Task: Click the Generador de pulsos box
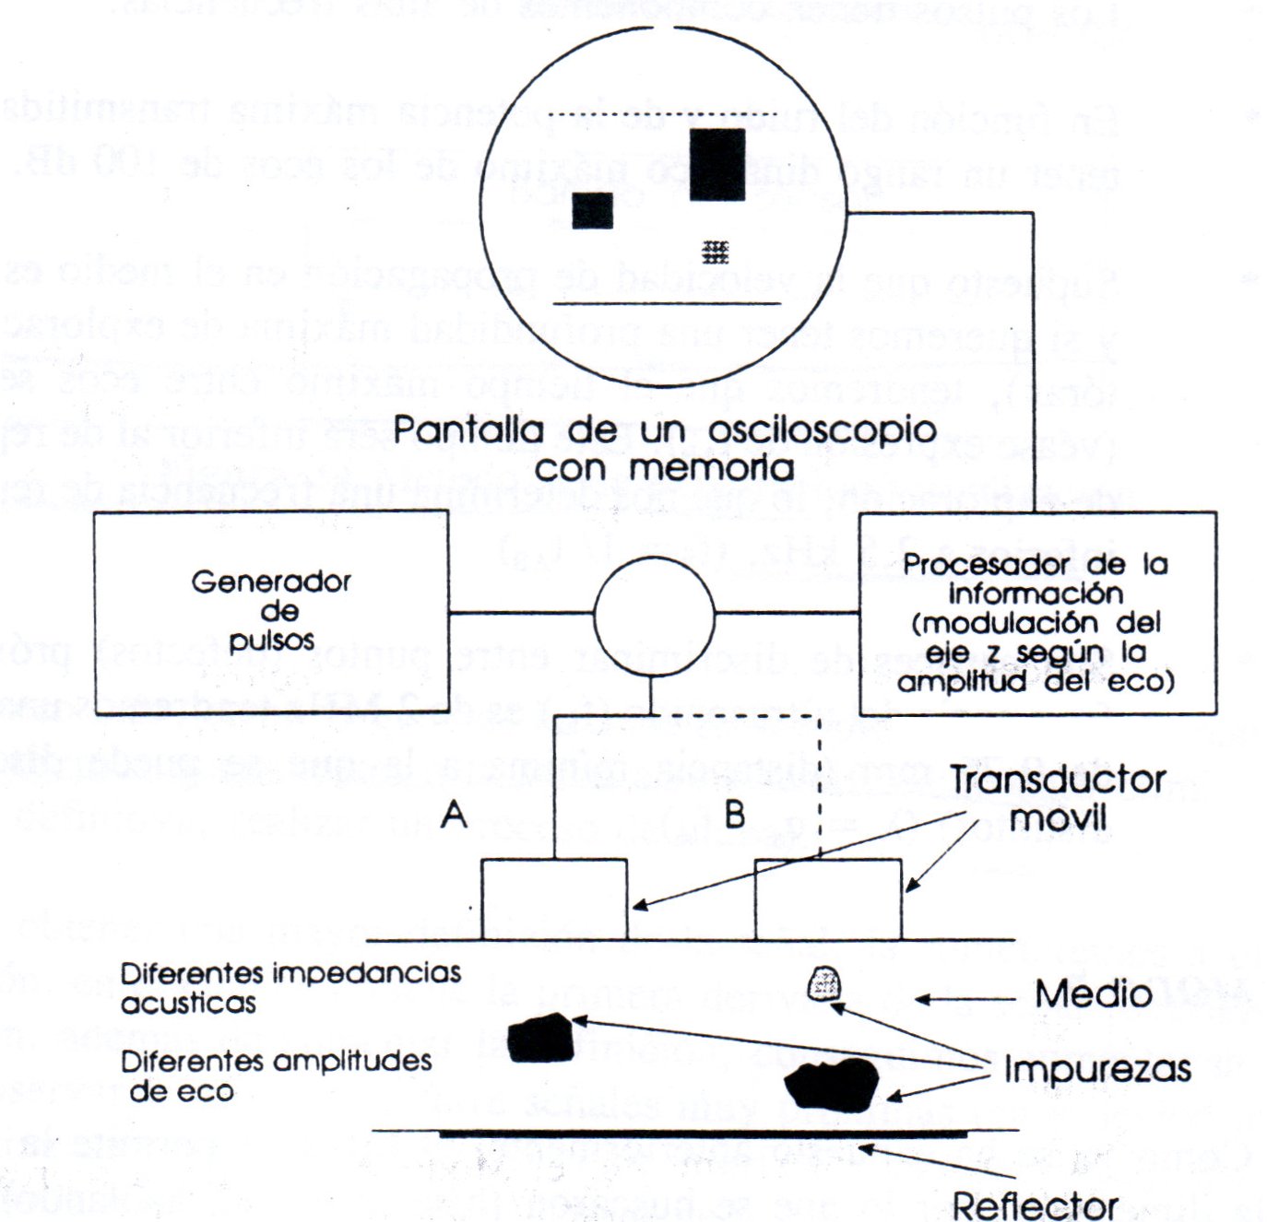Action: tap(271, 612)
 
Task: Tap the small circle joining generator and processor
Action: tap(654, 614)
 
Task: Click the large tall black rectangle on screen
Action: tap(716, 164)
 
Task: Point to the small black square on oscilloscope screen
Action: tap(592, 210)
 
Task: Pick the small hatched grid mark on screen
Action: tap(715, 251)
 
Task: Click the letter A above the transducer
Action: tap(454, 815)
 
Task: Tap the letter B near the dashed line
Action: tap(735, 815)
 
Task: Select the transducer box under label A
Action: tap(554, 899)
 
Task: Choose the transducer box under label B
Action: tap(827, 899)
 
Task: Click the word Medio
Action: tap(1093, 994)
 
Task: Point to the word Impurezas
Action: tap(1097, 1070)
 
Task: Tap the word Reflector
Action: tap(1035, 1205)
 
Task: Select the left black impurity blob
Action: tap(541, 1038)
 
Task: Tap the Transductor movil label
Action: tap(1058, 798)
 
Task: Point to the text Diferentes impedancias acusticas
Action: tap(290, 987)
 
